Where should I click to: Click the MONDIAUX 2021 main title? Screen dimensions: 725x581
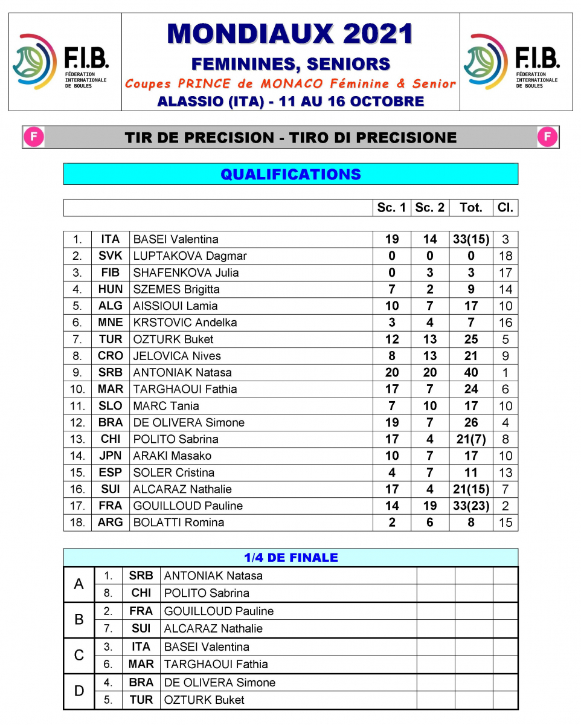click(290, 34)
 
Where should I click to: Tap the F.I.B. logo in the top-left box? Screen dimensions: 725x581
click(60, 62)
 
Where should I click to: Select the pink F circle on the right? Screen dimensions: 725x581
click(547, 137)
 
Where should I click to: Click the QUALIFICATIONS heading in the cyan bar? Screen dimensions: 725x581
click(290, 175)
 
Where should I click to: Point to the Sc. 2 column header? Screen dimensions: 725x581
click(429, 208)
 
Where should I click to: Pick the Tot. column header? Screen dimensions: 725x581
click(470, 208)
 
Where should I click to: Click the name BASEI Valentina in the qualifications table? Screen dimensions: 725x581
click(176, 239)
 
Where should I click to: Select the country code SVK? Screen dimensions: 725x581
click(111, 256)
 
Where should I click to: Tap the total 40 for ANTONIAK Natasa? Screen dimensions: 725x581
click(471, 373)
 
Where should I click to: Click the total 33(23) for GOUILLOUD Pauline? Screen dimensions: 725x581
click(471, 506)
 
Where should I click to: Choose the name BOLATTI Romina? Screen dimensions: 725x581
click(178, 523)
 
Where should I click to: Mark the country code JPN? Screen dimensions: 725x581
click(111, 456)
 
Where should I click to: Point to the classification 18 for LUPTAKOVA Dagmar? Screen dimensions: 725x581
click(506, 256)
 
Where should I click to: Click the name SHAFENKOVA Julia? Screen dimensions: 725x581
click(185, 272)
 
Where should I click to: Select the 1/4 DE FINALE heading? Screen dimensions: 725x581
click(290, 558)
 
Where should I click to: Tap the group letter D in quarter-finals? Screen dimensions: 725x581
click(79, 691)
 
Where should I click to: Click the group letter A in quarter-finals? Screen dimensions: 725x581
click(79, 584)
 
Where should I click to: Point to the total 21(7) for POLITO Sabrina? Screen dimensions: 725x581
click(471, 439)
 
